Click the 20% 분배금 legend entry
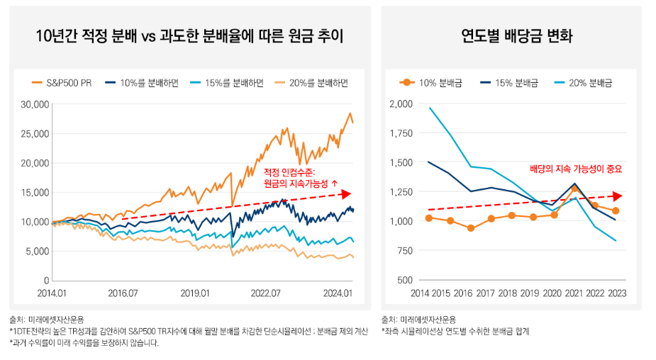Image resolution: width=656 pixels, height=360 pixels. tap(582, 82)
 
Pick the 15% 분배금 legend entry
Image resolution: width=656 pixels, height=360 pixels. tap(507, 82)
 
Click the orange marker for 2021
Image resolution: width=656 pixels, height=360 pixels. tap(574, 189)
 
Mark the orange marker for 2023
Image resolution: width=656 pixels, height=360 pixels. tap(616, 211)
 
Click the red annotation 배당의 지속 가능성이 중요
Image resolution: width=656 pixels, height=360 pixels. tap(576, 169)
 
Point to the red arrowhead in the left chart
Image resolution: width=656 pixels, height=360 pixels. tap(346, 193)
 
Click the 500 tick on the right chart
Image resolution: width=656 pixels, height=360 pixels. tap(404, 281)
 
